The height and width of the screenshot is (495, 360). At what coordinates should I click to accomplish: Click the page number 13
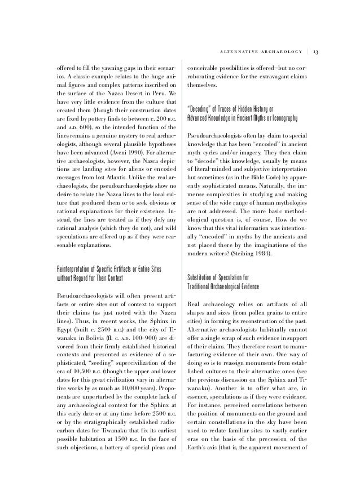316,52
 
